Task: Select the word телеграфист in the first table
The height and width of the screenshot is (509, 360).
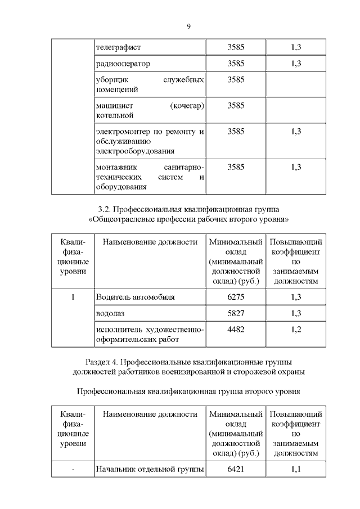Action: (x=118, y=48)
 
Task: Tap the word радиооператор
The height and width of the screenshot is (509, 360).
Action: (x=123, y=64)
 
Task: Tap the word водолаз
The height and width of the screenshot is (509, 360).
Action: (x=110, y=313)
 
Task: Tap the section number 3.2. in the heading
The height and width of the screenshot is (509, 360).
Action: (x=105, y=209)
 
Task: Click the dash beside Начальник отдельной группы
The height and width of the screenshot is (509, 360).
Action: (x=73, y=469)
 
